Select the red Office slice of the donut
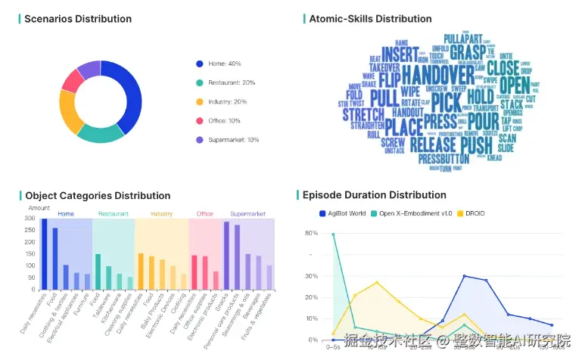coord(71,80)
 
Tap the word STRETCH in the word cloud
coord(363,115)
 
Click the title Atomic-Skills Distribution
coord(370,19)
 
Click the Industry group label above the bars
coord(161,214)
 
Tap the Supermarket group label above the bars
coord(247,214)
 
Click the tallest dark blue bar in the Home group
coord(44,254)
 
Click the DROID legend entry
coord(473,214)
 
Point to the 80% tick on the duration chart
coord(311,234)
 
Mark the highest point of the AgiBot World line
coord(464,276)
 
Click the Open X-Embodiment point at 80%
coord(333,234)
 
